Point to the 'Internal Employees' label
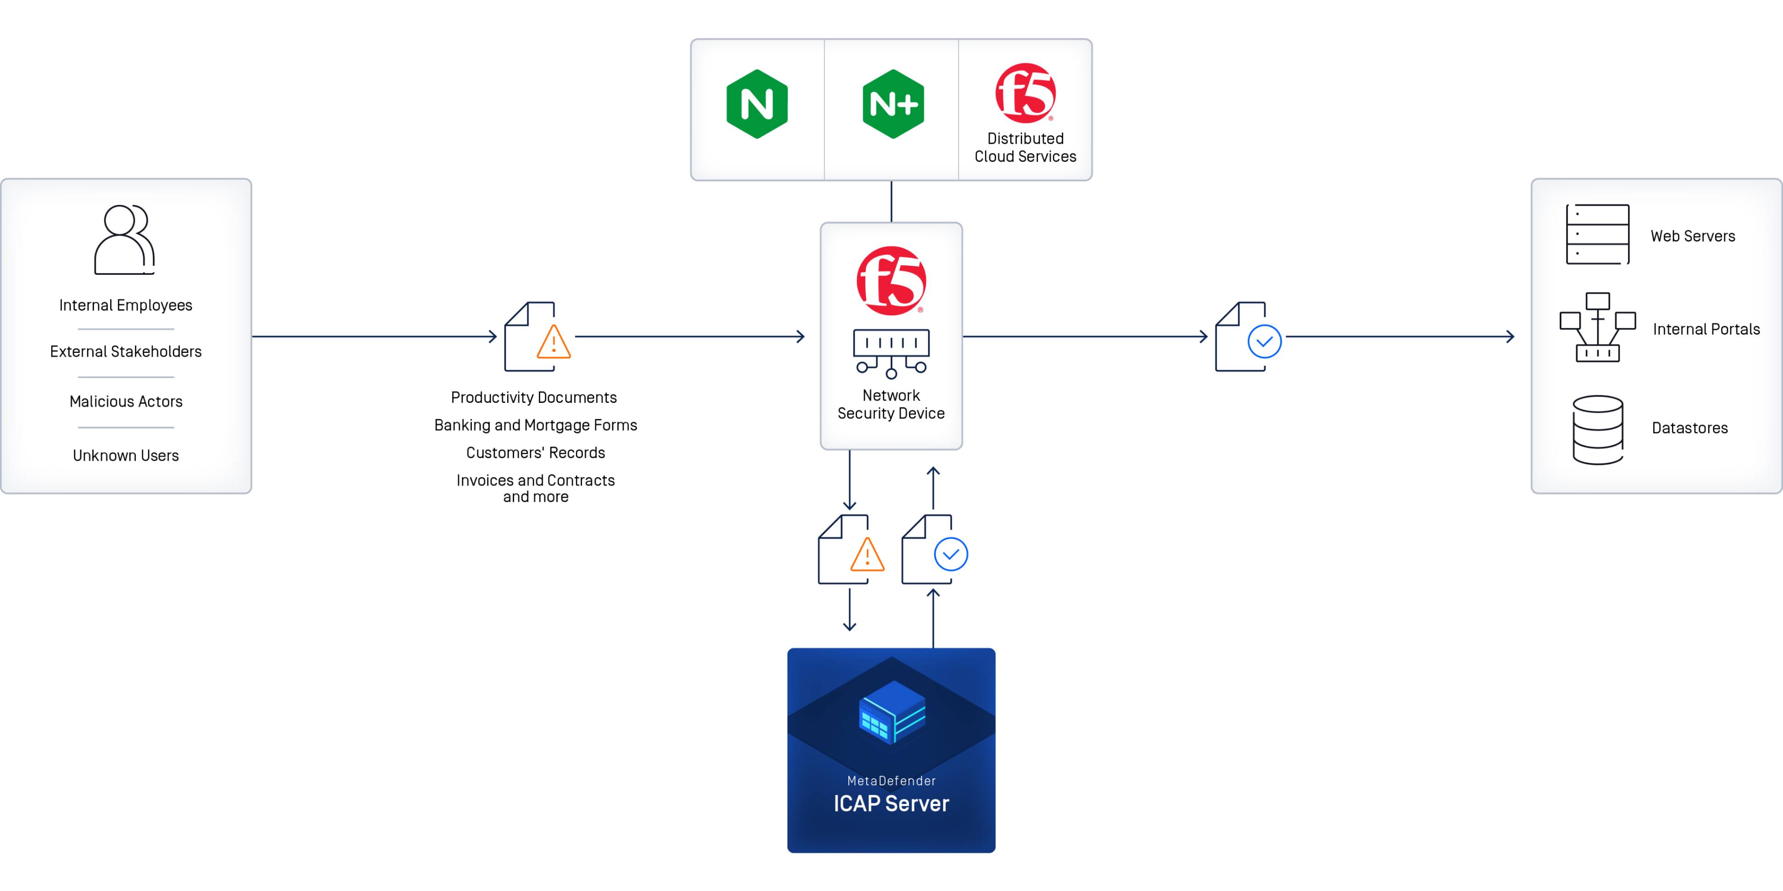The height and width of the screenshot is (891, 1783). [125, 305]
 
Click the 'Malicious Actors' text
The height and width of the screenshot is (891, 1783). [125, 401]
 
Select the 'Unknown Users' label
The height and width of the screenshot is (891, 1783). [125, 455]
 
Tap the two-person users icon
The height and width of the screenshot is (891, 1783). [125, 239]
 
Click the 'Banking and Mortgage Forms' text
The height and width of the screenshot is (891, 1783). [535, 425]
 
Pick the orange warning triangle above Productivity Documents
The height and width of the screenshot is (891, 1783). [554, 342]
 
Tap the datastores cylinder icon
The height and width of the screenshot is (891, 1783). [1598, 429]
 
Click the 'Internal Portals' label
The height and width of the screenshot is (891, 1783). [1705, 329]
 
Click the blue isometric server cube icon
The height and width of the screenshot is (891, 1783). [891, 713]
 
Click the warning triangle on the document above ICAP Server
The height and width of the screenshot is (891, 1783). [867, 555]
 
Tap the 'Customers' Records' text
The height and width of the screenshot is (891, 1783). [535, 452]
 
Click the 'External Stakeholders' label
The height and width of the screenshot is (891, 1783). [125, 352]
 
